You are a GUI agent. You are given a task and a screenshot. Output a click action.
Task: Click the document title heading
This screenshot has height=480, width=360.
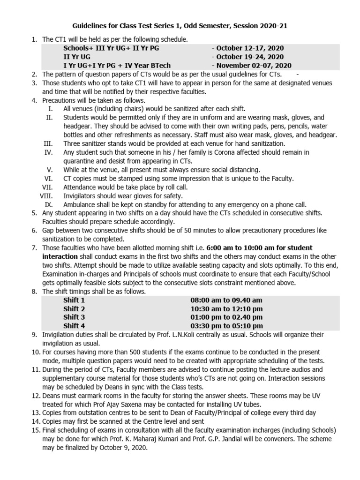pyautogui.click(x=180, y=27)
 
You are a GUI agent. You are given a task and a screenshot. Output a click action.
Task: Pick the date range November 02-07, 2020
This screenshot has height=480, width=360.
pyautogui.click(x=253, y=66)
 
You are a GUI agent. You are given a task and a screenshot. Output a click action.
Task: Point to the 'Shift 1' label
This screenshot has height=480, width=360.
pyautogui.click(x=74, y=300)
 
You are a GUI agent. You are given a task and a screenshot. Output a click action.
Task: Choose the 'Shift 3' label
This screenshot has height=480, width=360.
pyautogui.click(x=74, y=317)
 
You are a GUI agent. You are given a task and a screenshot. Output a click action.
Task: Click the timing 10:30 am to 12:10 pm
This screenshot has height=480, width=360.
pyautogui.click(x=227, y=309)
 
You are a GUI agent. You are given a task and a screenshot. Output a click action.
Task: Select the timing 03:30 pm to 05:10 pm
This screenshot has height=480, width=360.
pyautogui.click(x=227, y=326)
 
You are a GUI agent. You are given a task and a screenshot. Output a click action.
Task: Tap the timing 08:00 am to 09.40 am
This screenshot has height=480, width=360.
pyautogui.click(x=226, y=300)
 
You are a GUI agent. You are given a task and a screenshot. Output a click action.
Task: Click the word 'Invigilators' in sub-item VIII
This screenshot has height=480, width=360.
pyautogui.click(x=82, y=195)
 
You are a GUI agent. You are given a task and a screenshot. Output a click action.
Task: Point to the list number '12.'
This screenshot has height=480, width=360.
pyautogui.click(x=36, y=395)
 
